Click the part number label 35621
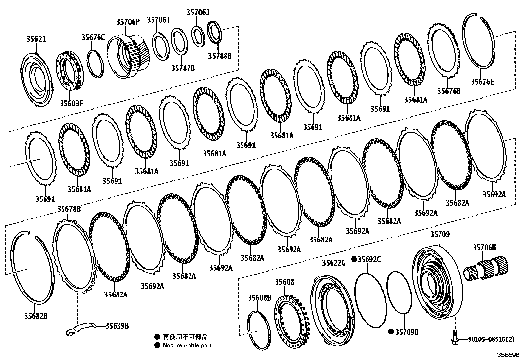point(36,39)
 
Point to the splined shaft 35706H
point(486,266)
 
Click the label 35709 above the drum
point(440,234)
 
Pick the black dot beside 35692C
point(354,259)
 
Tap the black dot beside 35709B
point(391,332)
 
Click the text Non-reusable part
point(187,345)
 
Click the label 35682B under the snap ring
point(36,316)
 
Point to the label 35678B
point(69,209)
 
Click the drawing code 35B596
point(508,355)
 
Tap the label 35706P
point(128,22)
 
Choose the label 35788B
point(220,56)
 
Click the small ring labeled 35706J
point(198,34)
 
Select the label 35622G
point(333,263)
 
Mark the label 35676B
point(449,91)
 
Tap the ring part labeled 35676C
point(95,64)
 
